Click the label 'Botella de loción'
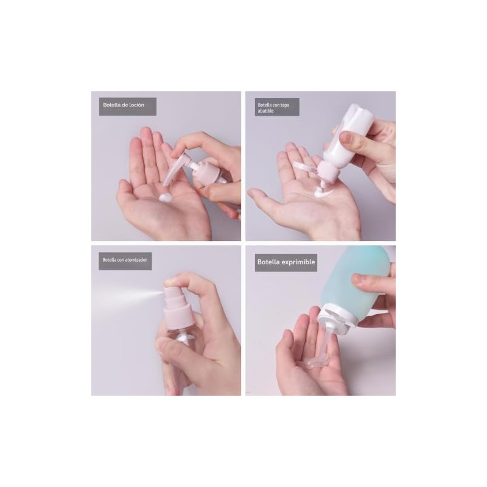point(124,105)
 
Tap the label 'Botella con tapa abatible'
point(273,108)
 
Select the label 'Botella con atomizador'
point(125,260)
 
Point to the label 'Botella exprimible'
point(286,262)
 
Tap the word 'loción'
point(136,105)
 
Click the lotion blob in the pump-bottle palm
point(165,197)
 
